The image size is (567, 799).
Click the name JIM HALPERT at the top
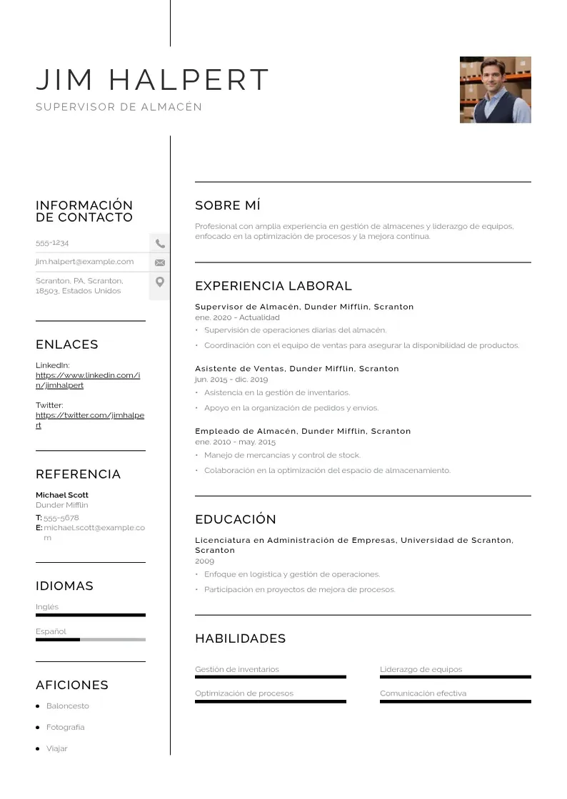[153, 80]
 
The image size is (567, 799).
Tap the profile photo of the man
[495, 90]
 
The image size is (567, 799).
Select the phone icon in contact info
[160, 243]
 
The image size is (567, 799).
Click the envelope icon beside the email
[160, 263]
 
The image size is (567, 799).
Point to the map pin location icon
[160, 282]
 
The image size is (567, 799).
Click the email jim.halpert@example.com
[85, 262]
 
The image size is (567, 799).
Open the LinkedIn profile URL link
[87, 380]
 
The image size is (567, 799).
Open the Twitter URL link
[89, 420]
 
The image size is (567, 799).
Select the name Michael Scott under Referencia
[62, 495]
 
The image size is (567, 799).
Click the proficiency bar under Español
[90, 640]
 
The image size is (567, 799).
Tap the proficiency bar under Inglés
[90, 615]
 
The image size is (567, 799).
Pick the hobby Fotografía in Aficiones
[65, 728]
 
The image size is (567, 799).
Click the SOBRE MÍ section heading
[228, 206]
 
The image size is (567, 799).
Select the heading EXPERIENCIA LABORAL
[274, 286]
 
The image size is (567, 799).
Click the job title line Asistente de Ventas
[296, 369]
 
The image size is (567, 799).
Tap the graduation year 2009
[204, 561]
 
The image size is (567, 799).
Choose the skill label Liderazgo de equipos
[421, 670]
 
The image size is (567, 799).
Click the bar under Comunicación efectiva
[455, 702]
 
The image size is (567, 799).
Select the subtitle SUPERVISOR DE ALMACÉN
[119, 107]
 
